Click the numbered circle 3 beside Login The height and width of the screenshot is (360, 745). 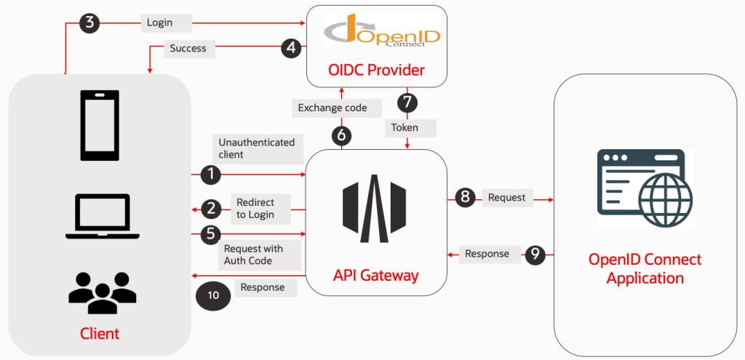click(89, 23)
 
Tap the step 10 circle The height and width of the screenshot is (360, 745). click(213, 295)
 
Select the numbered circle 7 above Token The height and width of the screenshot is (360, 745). click(407, 102)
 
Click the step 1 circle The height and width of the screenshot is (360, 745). click(211, 175)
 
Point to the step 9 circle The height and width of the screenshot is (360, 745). click(535, 255)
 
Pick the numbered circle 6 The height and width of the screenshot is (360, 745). click(342, 135)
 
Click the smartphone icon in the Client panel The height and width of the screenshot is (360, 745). click(100, 126)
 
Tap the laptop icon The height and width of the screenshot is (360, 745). click(103, 216)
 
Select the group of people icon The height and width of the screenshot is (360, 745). click(103, 292)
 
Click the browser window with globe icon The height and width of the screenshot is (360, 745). click(645, 188)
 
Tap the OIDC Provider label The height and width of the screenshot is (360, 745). click(376, 71)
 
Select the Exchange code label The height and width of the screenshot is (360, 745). click(332, 108)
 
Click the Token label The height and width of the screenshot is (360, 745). click(405, 127)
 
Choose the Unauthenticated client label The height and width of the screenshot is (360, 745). click(257, 148)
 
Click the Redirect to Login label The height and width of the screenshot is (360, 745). click(255, 209)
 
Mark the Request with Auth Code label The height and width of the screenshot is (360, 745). click(253, 255)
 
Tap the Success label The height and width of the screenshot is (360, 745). click(188, 48)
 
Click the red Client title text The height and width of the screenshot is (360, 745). click(100, 333)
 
